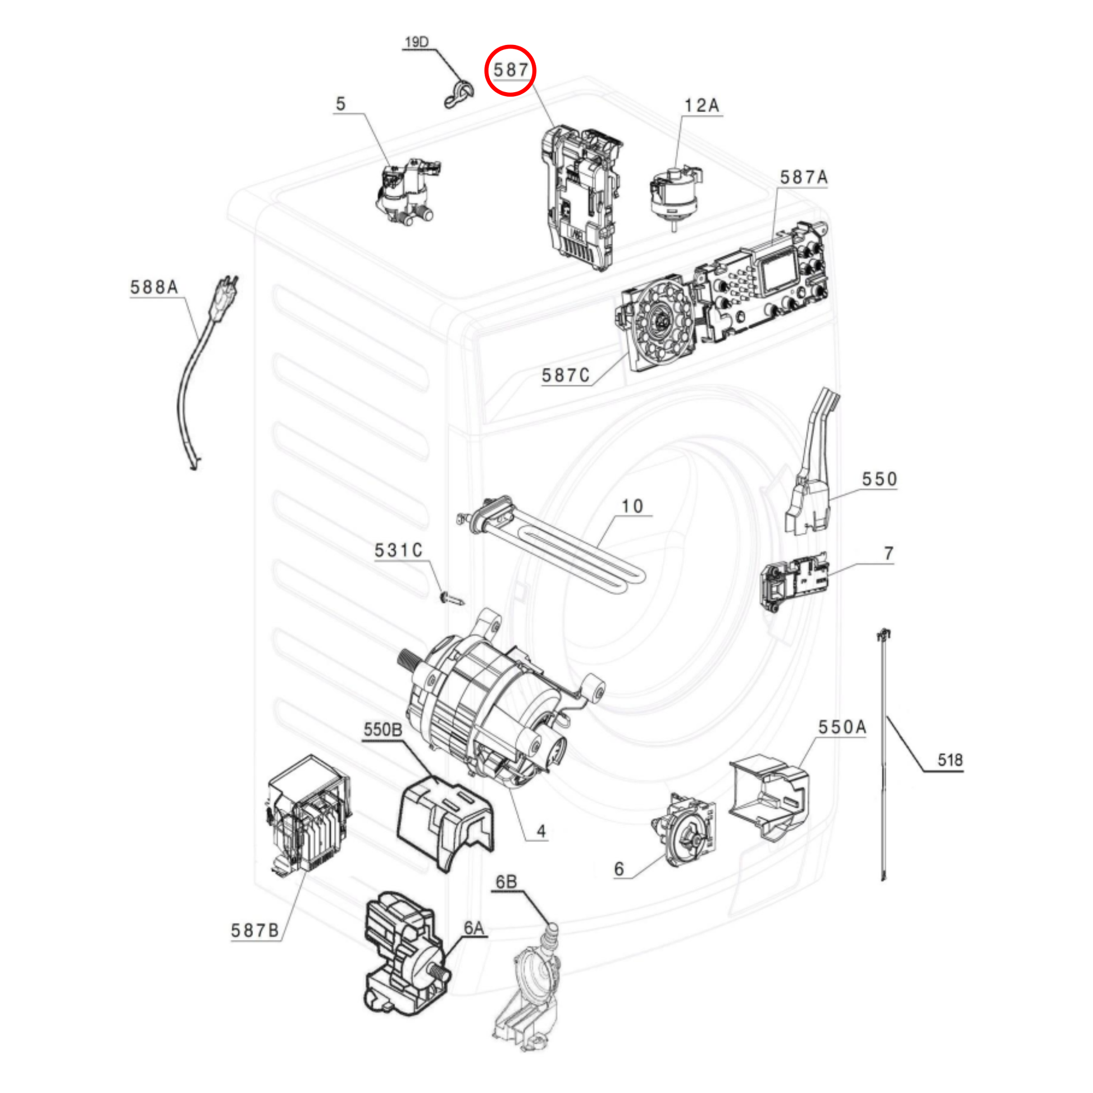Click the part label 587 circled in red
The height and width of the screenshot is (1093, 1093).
click(x=511, y=70)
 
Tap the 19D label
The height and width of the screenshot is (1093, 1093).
click(x=417, y=43)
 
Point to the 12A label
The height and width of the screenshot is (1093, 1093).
click(x=702, y=106)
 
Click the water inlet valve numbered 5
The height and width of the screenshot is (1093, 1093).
click(x=406, y=190)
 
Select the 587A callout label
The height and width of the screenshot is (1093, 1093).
click(x=804, y=177)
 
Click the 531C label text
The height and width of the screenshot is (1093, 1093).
click(x=399, y=550)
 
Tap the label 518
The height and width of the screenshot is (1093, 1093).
click(x=950, y=760)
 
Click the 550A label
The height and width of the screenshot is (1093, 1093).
click(x=842, y=727)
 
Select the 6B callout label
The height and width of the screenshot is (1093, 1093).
click(x=506, y=882)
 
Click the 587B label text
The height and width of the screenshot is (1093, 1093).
click(x=255, y=931)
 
